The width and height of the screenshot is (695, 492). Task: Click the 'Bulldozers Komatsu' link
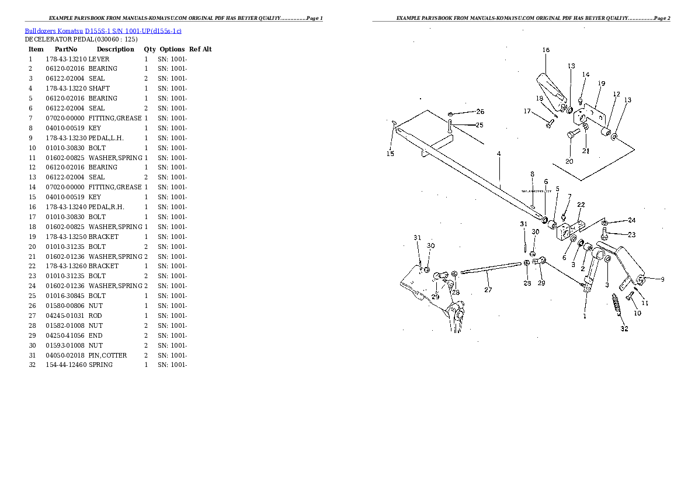(x=54, y=30)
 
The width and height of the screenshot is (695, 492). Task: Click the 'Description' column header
(x=115, y=50)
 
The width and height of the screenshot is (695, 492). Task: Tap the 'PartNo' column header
(x=63, y=50)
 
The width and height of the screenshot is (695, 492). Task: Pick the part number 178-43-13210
(x=66, y=59)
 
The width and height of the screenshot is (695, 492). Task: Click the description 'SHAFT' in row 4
(x=99, y=88)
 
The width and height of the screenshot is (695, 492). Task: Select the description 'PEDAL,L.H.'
(x=106, y=138)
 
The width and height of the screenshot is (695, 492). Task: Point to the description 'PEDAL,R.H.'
(x=106, y=207)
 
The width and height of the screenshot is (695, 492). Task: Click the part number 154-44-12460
(x=66, y=365)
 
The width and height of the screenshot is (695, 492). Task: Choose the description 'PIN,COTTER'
(x=107, y=355)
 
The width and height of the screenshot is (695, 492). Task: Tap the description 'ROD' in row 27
(x=96, y=316)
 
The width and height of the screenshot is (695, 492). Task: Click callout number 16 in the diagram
(x=545, y=50)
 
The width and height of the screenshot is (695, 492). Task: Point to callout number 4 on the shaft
(x=499, y=154)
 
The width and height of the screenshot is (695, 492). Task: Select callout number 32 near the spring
(x=624, y=328)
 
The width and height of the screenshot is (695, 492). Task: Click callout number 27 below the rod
(x=488, y=289)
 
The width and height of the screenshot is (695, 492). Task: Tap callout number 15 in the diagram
(x=390, y=154)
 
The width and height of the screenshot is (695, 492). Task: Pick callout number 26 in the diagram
(x=479, y=112)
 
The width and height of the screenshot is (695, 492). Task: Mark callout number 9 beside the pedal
(x=662, y=279)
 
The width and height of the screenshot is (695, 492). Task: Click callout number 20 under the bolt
(x=569, y=161)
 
